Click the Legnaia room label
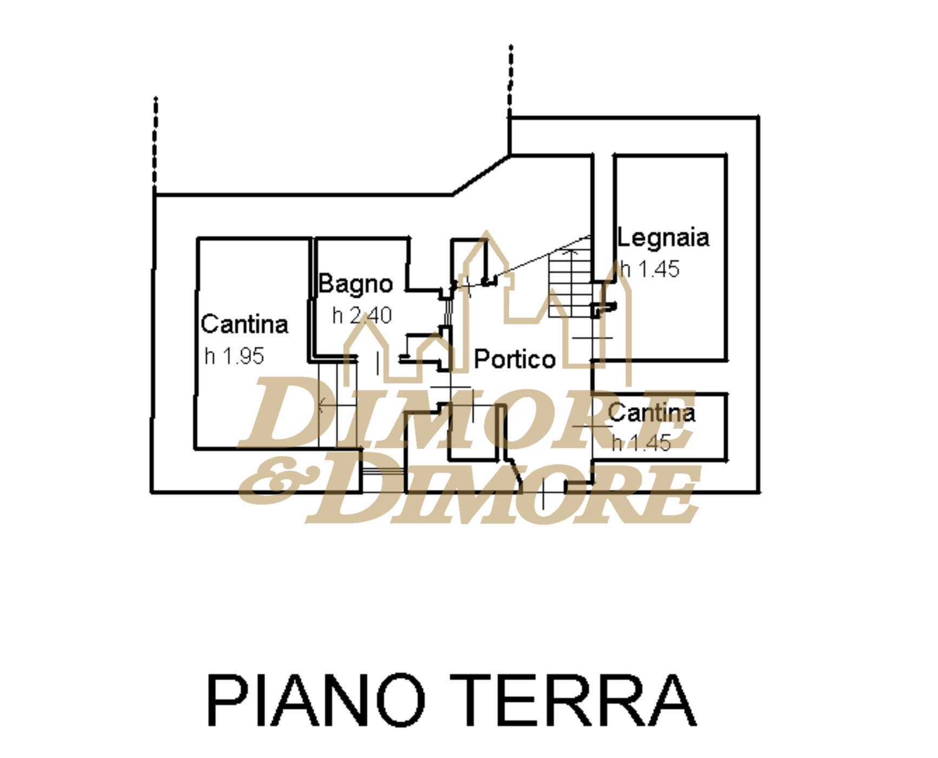point(663,238)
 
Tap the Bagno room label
point(355,284)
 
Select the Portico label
point(514,360)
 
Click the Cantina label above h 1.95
point(245,324)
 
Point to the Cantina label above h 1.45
point(651,413)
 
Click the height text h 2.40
point(362,316)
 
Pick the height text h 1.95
point(234,356)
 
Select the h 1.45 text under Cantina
point(642,443)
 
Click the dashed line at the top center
point(510,81)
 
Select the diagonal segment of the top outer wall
point(481,175)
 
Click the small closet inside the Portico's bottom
point(473,433)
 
